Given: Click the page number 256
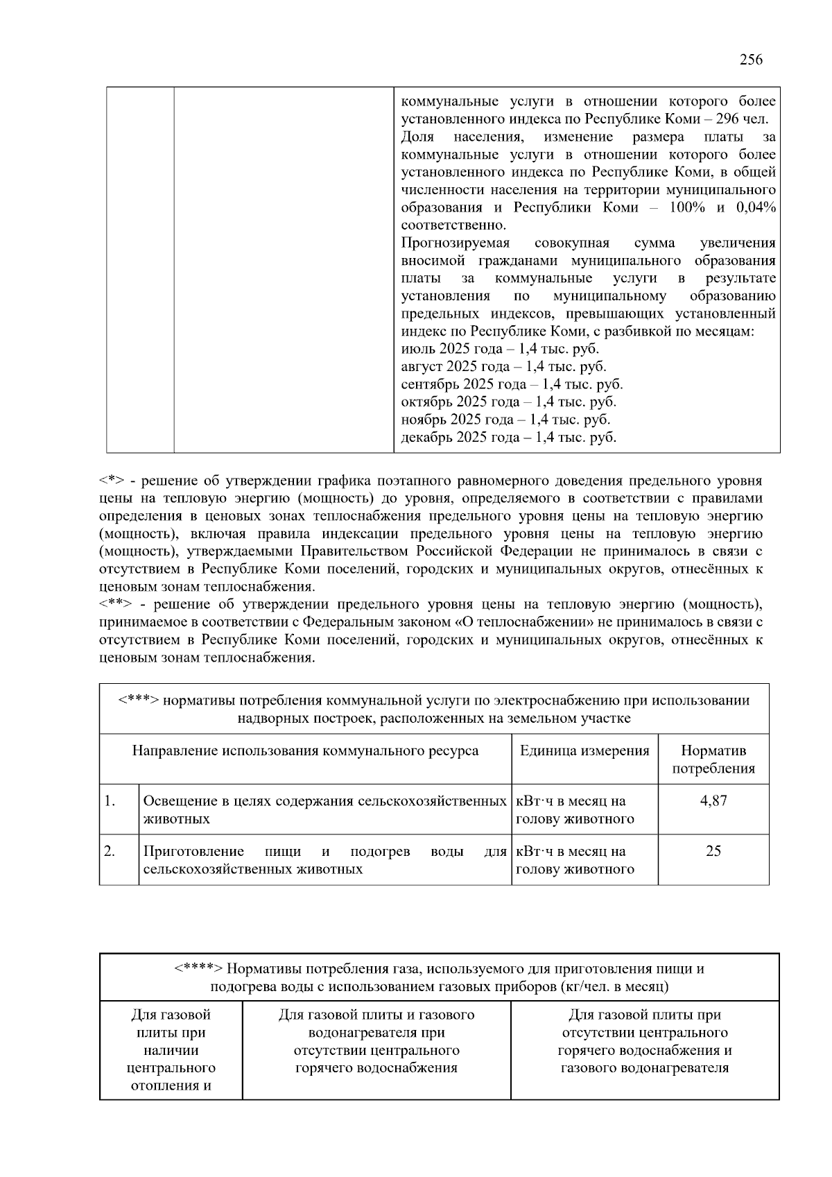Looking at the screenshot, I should pyautogui.click(x=751, y=60).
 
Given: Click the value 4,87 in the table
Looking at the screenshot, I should pyautogui.click(x=713, y=800).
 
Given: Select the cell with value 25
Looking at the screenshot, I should pyautogui.click(x=713, y=851).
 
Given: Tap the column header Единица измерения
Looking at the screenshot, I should pyautogui.click(x=584, y=750).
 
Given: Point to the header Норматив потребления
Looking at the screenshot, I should pyautogui.click(x=713, y=759).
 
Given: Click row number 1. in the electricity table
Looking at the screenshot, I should pyautogui.click(x=110, y=801).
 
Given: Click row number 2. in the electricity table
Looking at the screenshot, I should pyautogui.click(x=110, y=852).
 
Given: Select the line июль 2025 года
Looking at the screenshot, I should pyautogui.click(x=500, y=349).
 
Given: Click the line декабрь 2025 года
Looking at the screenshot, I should pyautogui.click(x=508, y=438).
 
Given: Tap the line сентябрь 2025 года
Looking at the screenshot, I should pyautogui.click(x=512, y=384).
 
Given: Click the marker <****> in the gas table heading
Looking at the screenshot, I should pyautogui.click(x=198, y=969).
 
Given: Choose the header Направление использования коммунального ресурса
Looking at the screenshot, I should pyautogui.click(x=305, y=750).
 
